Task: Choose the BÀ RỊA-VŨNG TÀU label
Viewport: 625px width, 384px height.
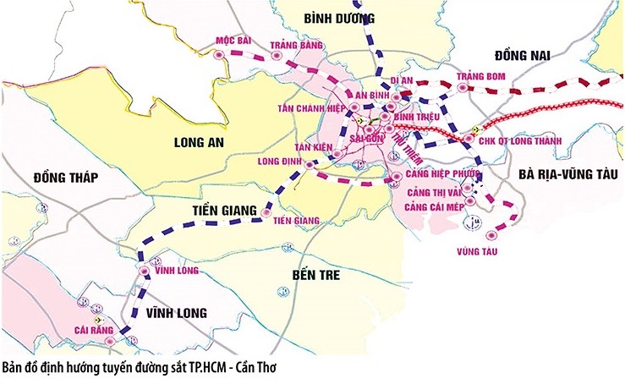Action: click(x=567, y=173)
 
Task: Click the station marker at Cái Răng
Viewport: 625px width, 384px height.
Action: click(x=131, y=339)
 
